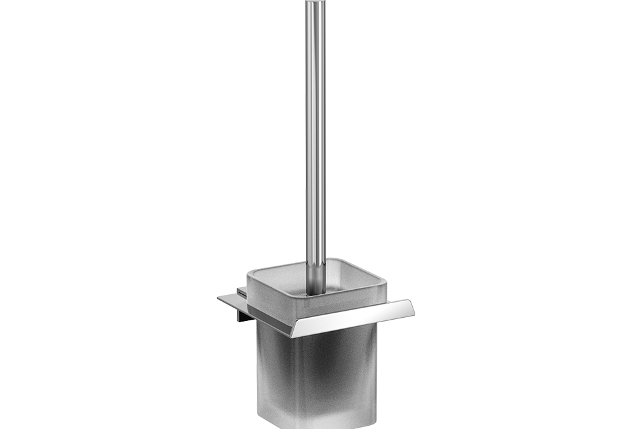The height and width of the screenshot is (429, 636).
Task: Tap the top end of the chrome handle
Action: click(315, 3)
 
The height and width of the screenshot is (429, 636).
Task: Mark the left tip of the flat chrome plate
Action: click(218, 296)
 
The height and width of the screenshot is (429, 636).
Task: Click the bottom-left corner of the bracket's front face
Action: click(293, 337)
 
